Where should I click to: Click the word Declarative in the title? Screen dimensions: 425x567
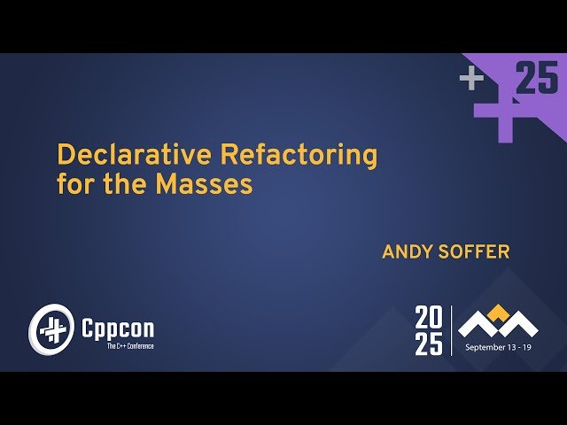coord(133,155)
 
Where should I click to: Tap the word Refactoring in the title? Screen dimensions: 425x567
coord(299,155)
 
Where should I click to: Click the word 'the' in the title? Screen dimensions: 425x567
coord(128,185)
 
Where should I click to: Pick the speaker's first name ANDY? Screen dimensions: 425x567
coord(406,252)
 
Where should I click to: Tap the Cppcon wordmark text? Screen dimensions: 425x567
coord(117,328)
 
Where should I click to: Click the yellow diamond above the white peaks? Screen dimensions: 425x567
coord(499,311)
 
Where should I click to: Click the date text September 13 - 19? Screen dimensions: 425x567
coord(500,348)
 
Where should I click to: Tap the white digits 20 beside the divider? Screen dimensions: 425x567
coord(429,317)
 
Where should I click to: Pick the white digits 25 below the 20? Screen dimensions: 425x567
coord(429,343)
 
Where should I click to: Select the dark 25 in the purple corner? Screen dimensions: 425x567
coord(537,79)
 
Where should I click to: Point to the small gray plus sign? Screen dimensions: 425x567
coord(471,79)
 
